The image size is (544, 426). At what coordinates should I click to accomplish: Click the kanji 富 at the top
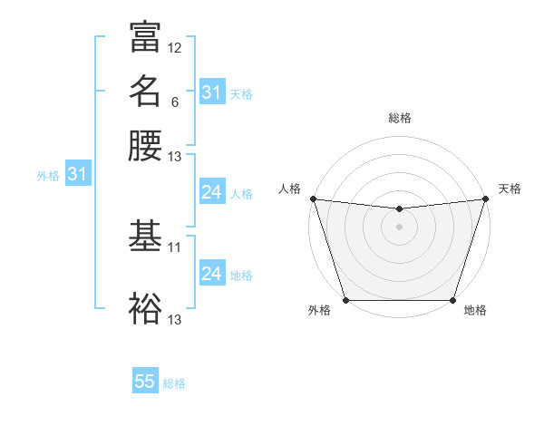(145, 37)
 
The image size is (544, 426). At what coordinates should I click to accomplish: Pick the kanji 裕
(145, 308)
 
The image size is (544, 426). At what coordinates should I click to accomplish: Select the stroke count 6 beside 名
(174, 102)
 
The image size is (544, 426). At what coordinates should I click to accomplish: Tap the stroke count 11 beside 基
(175, 247)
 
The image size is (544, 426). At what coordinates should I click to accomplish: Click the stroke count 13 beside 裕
(175, 319)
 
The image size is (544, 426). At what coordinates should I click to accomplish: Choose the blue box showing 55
(145, 382)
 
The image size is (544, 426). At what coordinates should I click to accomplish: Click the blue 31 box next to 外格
(77, 173)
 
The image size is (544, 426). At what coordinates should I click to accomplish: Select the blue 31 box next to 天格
(211, 92)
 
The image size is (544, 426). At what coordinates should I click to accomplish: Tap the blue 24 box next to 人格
(211, 192)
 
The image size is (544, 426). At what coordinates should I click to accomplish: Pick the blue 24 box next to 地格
(211, 274)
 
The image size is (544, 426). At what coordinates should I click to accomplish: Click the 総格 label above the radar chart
(400, 118)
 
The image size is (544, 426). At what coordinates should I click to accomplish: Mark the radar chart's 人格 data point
(314, 198)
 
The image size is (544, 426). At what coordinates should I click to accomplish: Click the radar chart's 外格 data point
(346, 300)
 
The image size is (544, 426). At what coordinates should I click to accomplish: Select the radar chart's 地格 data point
(452, 300)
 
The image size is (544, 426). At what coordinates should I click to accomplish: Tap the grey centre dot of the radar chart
(399, 227)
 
